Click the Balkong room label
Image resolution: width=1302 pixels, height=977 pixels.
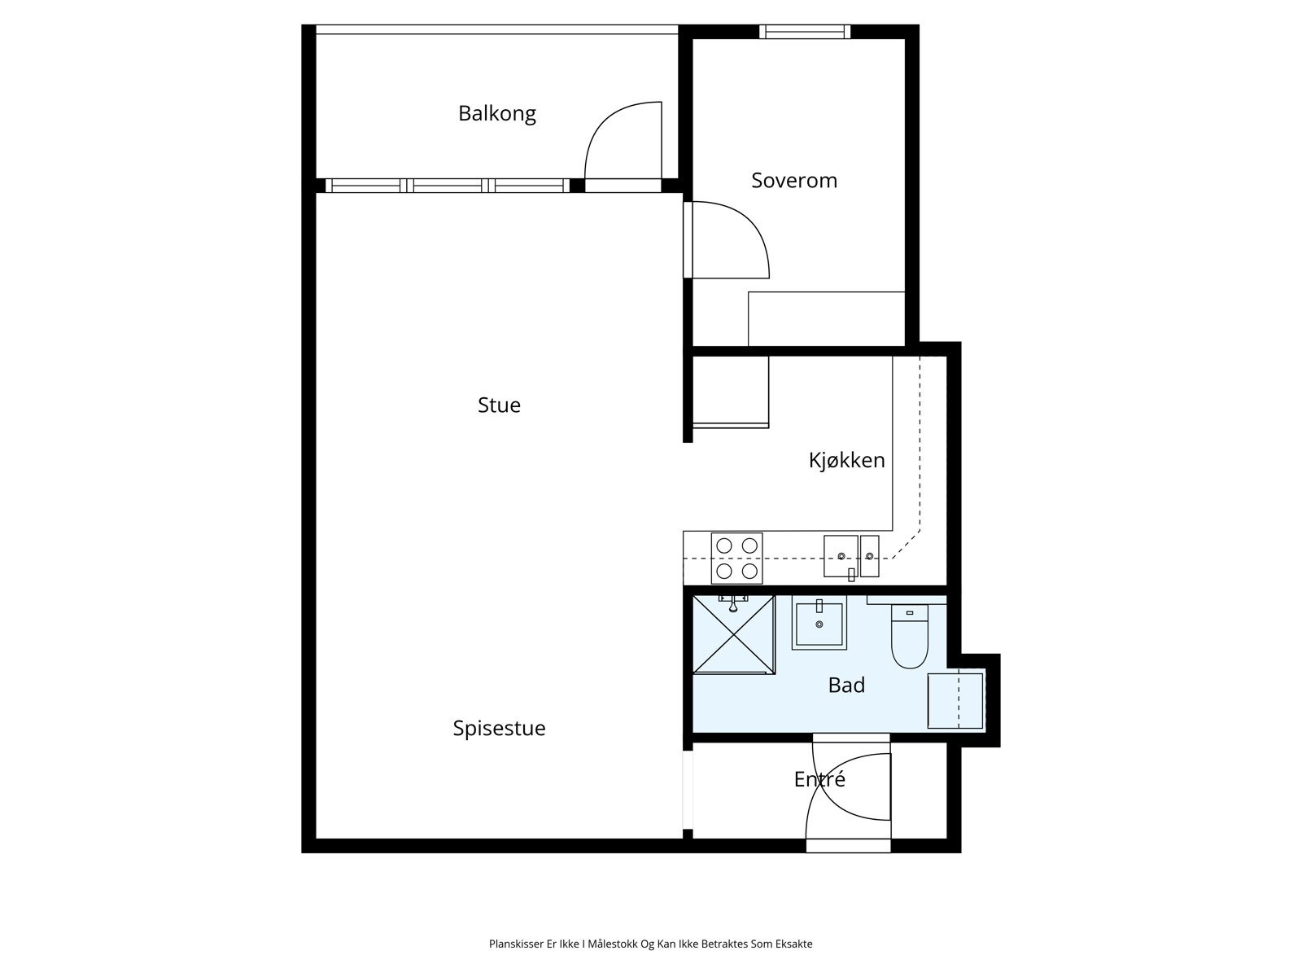(x=497, y=113)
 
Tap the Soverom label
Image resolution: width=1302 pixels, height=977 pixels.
(x=794, y=180)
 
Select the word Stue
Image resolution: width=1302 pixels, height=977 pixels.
(x=499, y=405)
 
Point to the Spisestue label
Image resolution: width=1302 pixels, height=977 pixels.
(x=499, y=728)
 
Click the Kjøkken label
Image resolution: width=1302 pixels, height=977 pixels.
(x=846, y=460)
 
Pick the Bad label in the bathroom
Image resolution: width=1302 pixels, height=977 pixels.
(x=846, y=686)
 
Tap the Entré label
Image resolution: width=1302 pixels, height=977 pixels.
(x=819, y=779)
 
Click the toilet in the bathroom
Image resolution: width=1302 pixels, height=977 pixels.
(x=909, y=636)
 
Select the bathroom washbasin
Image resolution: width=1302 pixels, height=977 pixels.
(x=819, y=624)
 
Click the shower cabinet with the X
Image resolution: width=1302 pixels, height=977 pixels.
(x=734, y=635)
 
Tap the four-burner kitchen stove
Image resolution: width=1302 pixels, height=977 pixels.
(x=736, y=559)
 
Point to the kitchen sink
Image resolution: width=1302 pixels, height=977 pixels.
(x=851, y=557)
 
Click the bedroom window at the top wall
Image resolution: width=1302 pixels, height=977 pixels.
(x=805, y=32)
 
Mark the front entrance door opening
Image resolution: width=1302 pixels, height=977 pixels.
(x=848, y=846)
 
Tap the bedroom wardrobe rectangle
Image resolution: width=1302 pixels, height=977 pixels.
(x=826, y=318)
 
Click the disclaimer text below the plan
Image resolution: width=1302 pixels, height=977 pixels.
(x=651, y=944)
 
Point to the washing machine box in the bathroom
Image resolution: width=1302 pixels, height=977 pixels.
(x=955, y=700)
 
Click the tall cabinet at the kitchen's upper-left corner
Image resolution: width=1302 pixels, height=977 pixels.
(x=731, y=392)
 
